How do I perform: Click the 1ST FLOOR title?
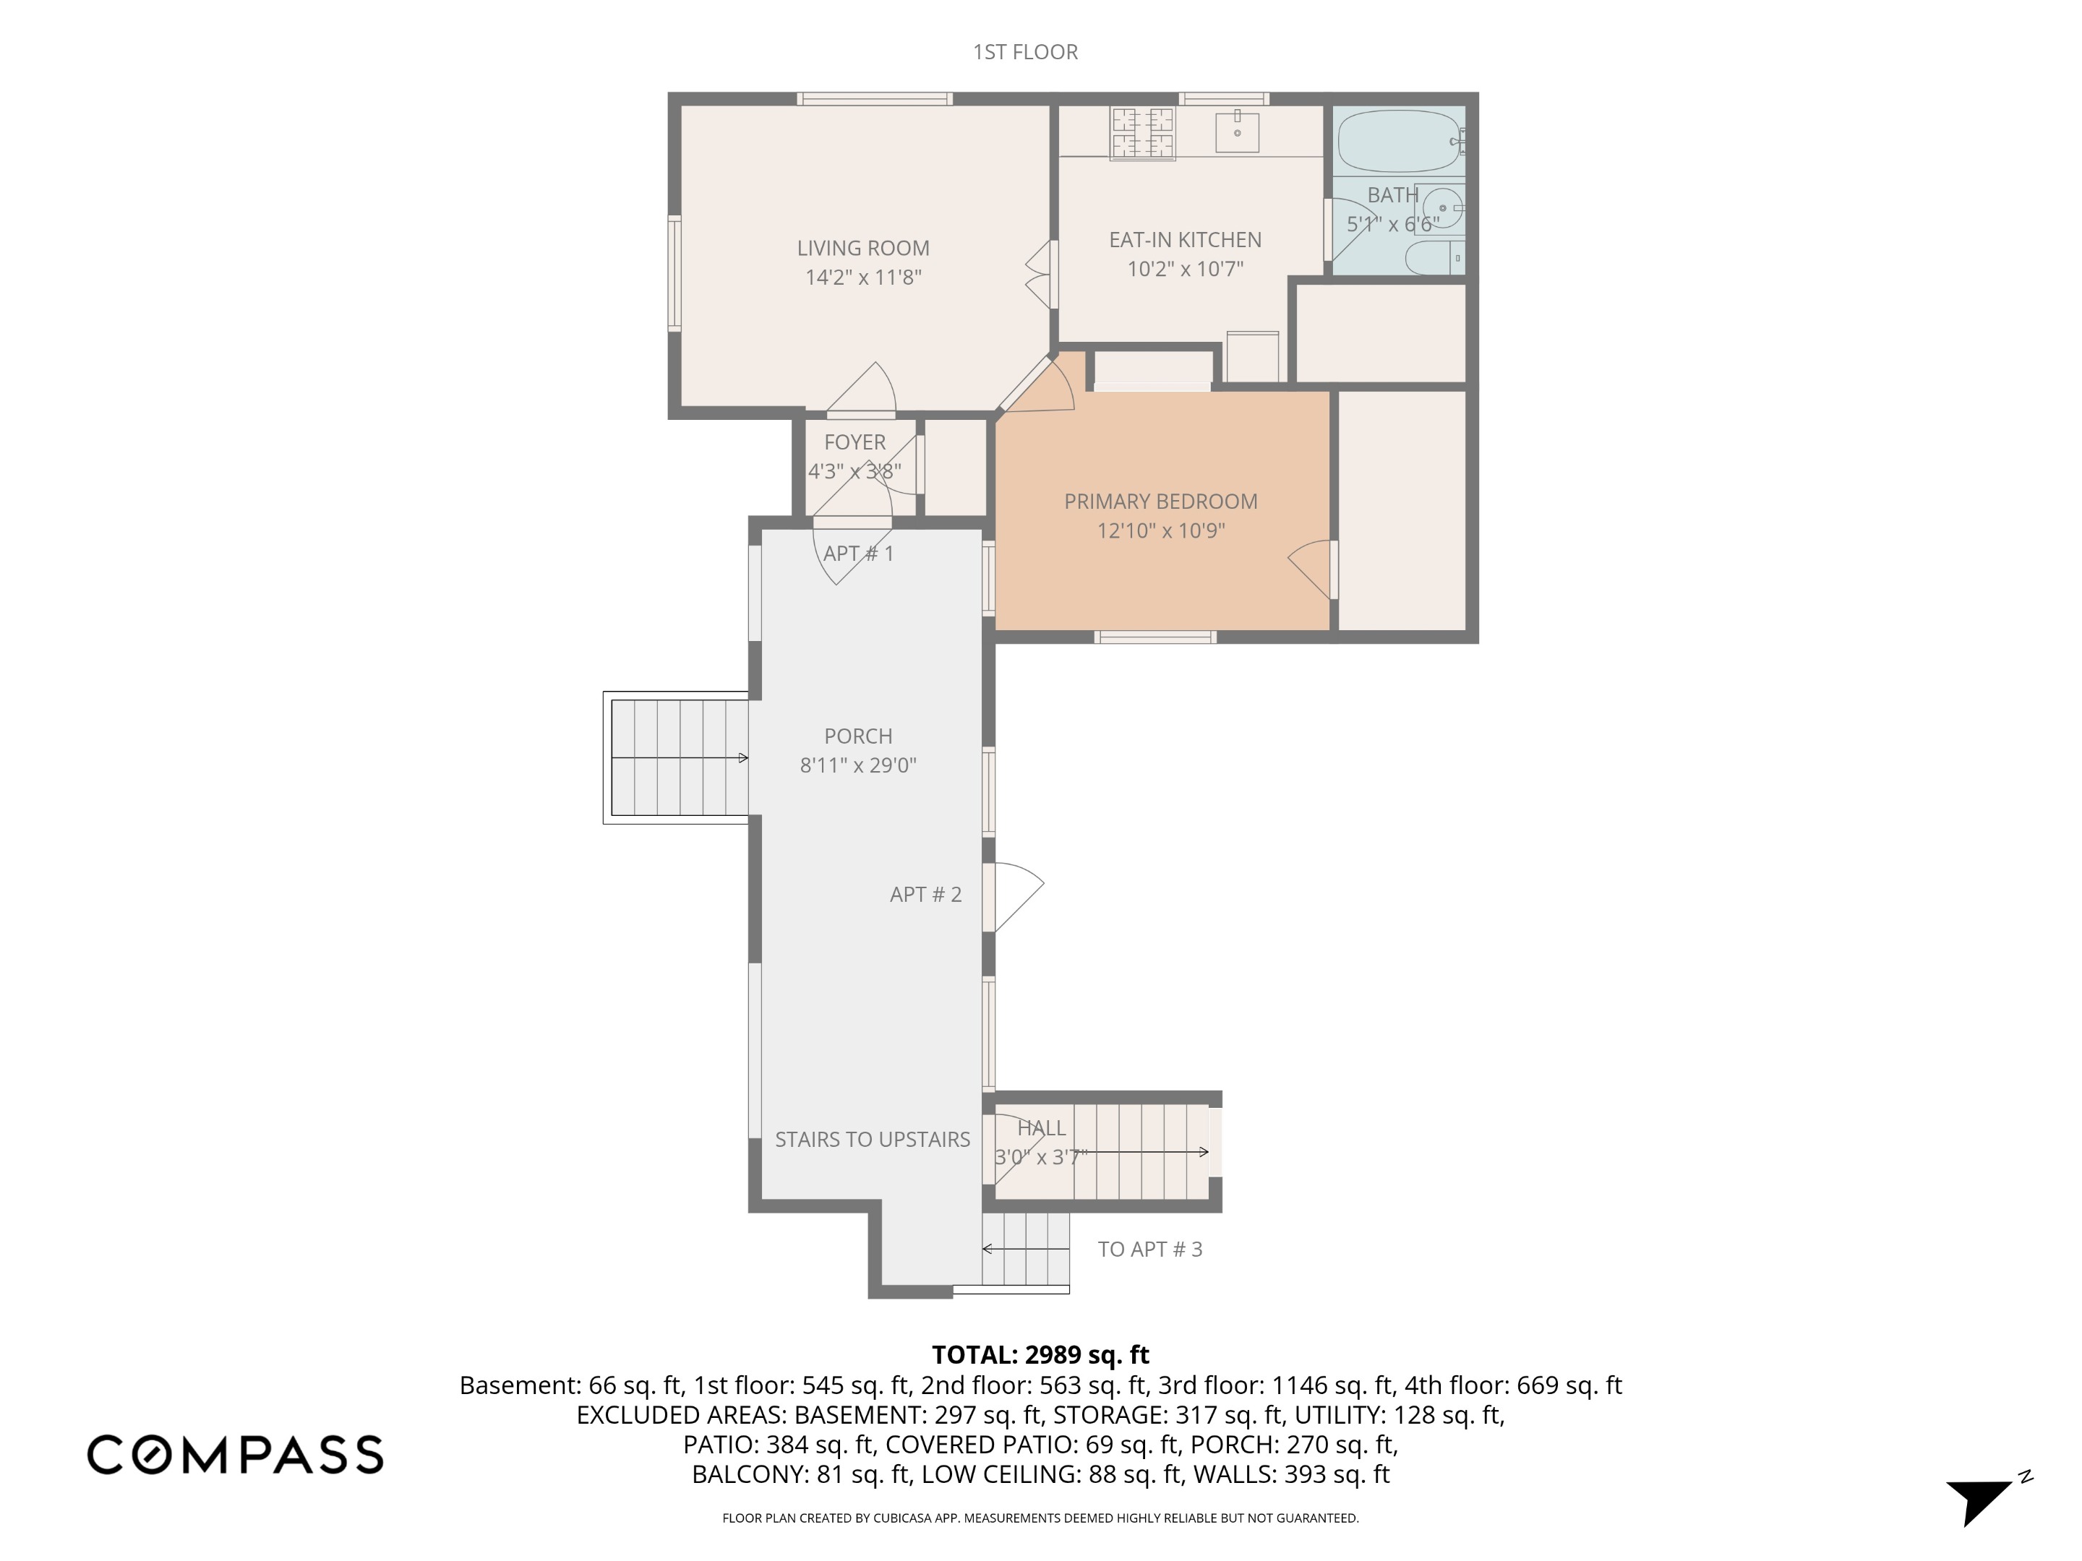pyautogui.click(x=1025, y=52)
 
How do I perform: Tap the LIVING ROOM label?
pyautogui.click(x=862, y=249)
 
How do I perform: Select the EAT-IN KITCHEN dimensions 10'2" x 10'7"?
pyautogui.click(x=1185, y=269)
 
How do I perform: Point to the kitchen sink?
pyautogui.click(x=1237, y=131)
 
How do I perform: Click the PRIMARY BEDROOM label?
pyautogui.click(x=1160, y=502)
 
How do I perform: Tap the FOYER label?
pyautogui.click(x=854, y=442)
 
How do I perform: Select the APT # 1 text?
pyautogui.click(x=858, y=554)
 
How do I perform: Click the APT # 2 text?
pyautogui.click(x=925, y=894)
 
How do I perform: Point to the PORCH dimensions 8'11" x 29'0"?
pyautogui.click(x=857, y=765)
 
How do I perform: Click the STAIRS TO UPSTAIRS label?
pyautogui.click(x=872, y=1140)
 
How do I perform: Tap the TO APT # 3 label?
pyautogui.click(x=1149, y=1249)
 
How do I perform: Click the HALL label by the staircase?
pyautogui.click(x=1041, y=1127)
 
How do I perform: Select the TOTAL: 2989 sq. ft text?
pyautogui.click(x=1040, y=1355)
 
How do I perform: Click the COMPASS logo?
pyautogui.click(x=235, y=1454)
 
